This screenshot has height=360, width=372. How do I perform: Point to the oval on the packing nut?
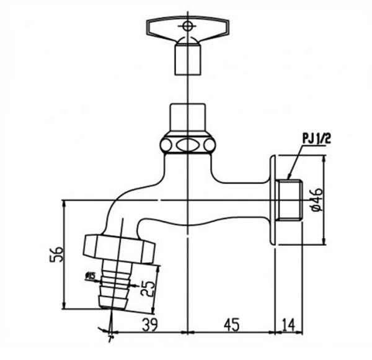coord(187,146)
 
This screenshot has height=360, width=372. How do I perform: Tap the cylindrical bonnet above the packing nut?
coord(187,118)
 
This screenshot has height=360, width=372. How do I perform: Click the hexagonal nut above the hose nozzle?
coord(119,247)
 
